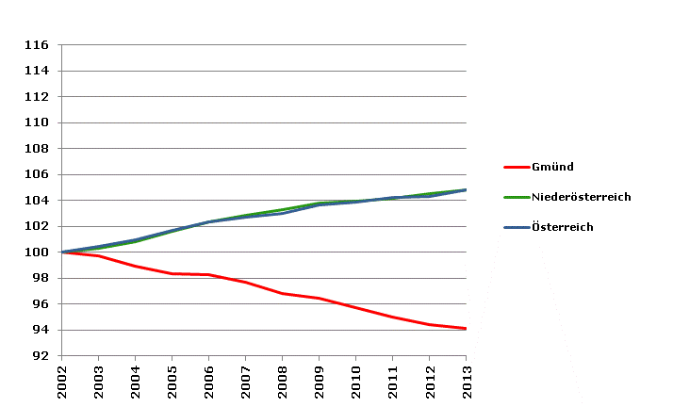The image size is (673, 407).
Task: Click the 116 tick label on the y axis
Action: click(37, 44)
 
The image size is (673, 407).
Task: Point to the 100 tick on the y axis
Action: click(37, 252)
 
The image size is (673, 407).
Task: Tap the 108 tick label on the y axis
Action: click(37, 149)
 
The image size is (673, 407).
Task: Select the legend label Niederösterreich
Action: click(581, 197)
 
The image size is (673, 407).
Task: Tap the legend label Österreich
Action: click(562, 227)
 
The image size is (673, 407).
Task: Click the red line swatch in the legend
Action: click(516, 167)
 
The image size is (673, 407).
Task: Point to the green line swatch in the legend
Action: click(516, 197)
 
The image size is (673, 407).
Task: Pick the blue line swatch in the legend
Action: click(516, 227)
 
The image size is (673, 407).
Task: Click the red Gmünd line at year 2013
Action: click(466, 329)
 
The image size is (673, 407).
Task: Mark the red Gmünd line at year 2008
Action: click(282, 294)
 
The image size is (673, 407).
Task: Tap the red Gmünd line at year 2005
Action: click(172, 273)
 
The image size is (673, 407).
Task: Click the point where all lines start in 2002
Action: click(61, 252)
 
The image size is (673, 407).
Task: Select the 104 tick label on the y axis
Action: click(37, 201)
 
